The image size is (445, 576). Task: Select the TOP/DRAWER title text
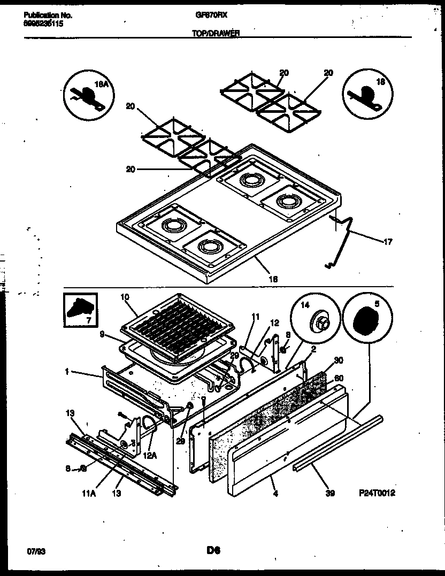(x=216, y=32)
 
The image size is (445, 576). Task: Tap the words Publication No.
(x=48, y=16)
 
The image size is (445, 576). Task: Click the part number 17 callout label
(x=388, y=242)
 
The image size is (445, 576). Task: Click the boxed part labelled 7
(x=80, y=310)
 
